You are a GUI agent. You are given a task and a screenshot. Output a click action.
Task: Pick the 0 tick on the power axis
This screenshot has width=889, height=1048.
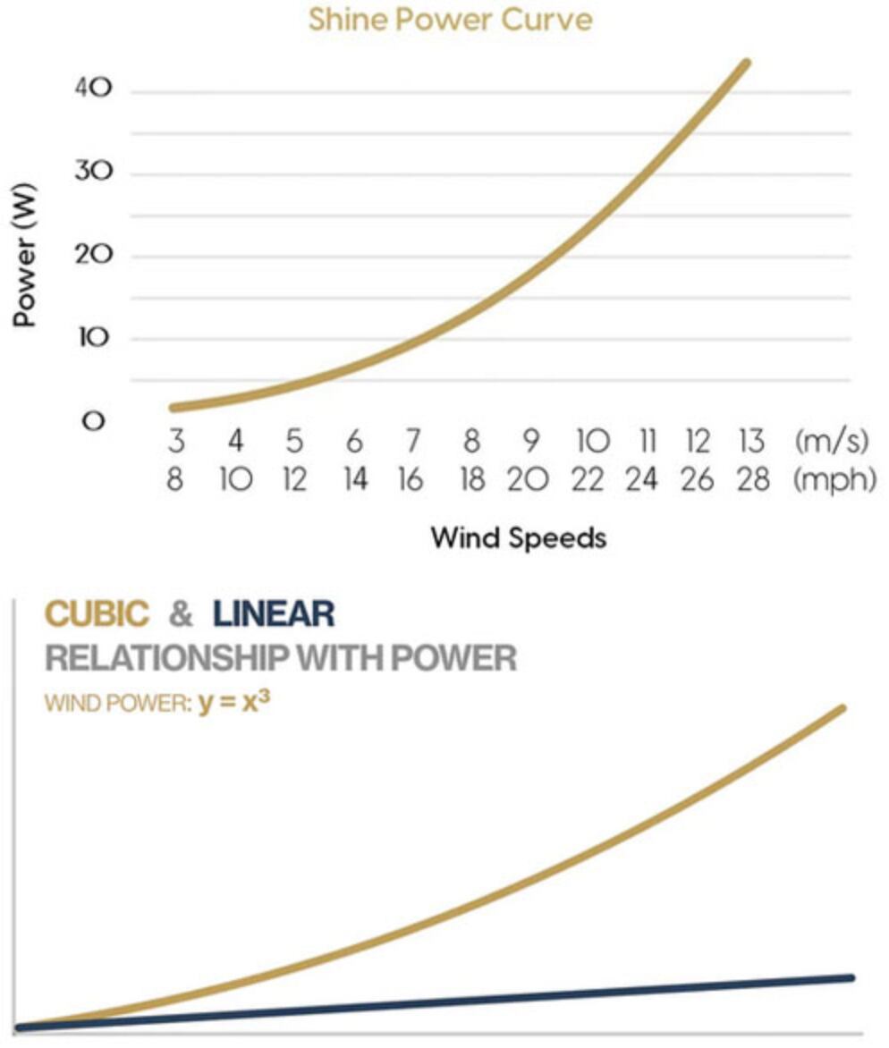92,421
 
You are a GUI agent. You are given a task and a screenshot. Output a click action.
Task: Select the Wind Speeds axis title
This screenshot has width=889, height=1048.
518,537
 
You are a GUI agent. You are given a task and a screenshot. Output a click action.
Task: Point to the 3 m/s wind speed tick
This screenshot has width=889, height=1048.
175,442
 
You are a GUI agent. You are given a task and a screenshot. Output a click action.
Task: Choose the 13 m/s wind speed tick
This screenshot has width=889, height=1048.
752,442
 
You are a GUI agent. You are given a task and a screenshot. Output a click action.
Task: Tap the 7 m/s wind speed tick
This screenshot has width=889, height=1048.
411,442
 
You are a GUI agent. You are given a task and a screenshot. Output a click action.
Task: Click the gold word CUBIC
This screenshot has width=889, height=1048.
97,613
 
